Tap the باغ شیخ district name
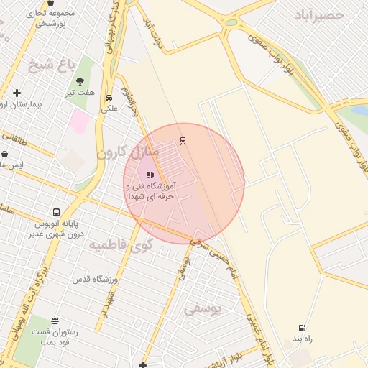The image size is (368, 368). point(51,67)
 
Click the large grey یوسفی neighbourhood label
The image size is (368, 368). point(203,308)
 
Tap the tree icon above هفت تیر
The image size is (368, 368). point(80,80)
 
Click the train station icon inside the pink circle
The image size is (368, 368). point(183,140)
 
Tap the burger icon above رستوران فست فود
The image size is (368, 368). point(55,321)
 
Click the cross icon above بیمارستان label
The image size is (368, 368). point(17,93)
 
